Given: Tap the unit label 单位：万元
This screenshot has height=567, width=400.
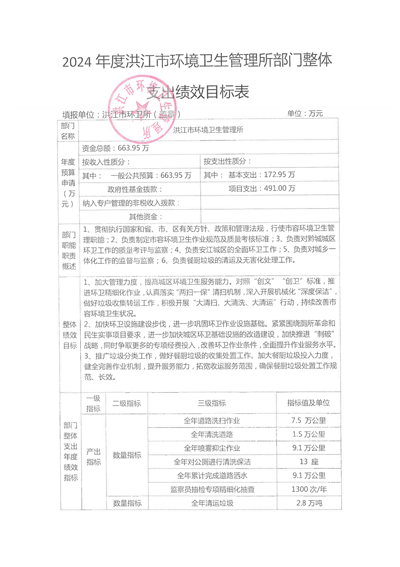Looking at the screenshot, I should [x=305, y=114].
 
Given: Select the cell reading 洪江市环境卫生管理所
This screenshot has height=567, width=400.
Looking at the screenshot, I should [x=208, y=130].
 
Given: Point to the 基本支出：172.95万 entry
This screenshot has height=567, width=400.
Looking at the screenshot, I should [x=249, y=175].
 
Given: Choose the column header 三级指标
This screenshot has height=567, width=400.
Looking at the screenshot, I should [x=211, y=403].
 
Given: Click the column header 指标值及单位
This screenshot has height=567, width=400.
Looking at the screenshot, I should [x=308, y=403].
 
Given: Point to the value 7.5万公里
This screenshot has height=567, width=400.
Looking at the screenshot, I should [x=308, y=420].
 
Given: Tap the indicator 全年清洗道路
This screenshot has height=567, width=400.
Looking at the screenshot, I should [x=211, y=434].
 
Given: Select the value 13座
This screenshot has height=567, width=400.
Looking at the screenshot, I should [x=308, y=462].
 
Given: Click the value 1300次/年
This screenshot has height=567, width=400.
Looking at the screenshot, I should [x=308, y=489].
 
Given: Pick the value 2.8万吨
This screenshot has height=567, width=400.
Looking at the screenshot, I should [x=308, y=503].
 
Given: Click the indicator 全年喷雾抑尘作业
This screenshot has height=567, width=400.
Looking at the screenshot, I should [x=211, y=448].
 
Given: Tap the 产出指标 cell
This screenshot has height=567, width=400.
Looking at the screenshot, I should [x=93, y=457].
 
